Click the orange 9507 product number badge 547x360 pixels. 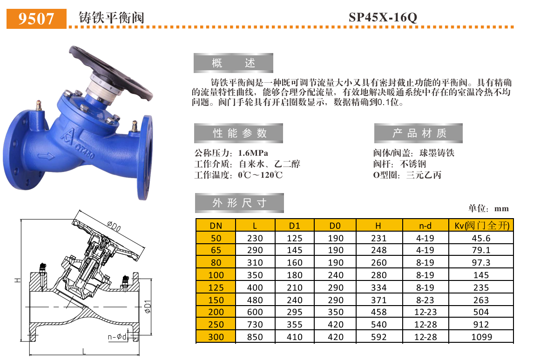click(37, 18)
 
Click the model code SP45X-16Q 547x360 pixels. click(383, 18)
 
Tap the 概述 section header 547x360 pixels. click(233, 63)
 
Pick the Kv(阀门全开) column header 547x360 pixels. click(481, 226)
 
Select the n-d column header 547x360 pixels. click(425, 226)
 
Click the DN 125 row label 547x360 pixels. click(216, 287)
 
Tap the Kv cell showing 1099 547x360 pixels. click(481, 337)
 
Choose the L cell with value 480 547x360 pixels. click(255, 300)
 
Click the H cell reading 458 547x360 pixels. click(378, 312)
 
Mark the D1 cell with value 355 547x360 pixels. click(295, 325)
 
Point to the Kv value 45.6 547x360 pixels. click(481, 238)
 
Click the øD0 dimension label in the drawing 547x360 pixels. click(114, 227)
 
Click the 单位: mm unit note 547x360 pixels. click(488, 208)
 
